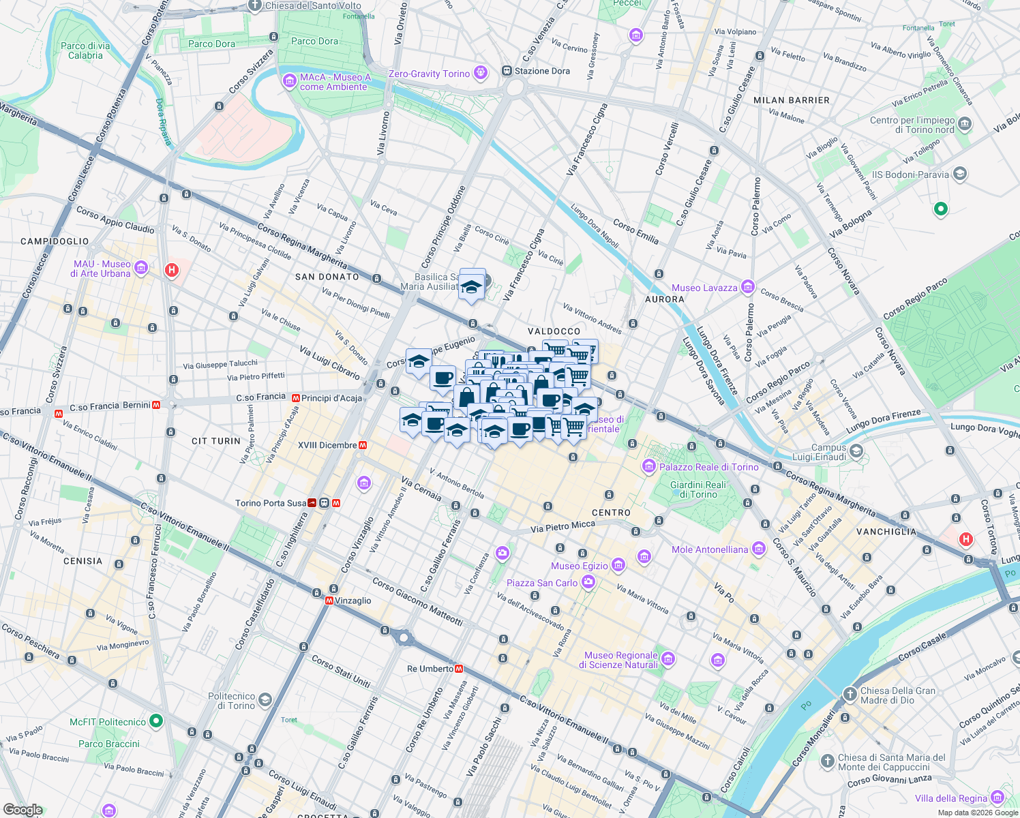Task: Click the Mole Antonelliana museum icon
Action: click(x=758, y=549)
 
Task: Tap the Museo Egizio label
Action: click(x=580, y=566)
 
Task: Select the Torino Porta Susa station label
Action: click(x=271, y=503)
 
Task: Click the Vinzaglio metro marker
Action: click(x=329, y=601)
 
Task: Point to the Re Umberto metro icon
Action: click(x=460, y=669)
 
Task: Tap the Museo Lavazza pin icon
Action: click(x=748, y=287)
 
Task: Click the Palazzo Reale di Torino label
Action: click(x=708, y=467)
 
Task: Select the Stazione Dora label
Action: click(x=542, y=71)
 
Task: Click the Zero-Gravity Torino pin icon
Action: click(x=481, y=72)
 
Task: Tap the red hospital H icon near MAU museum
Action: click(x=172, y=270)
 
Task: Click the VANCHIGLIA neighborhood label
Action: click(x=886, y=531)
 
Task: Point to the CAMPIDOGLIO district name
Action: click(x=55, y=241)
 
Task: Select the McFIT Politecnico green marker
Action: click(x=156, y=721)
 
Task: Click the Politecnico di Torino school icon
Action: click(x=265, y=699)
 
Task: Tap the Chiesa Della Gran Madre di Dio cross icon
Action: click(x=850, y=695)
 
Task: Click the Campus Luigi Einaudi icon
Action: click(x=856, y=451)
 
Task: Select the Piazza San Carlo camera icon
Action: click(x=588, y=582)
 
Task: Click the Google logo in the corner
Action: click(x=22, y=809)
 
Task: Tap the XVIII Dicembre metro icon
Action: click(x=363, y=445)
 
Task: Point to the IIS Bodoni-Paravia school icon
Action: click(x=959, y=174)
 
